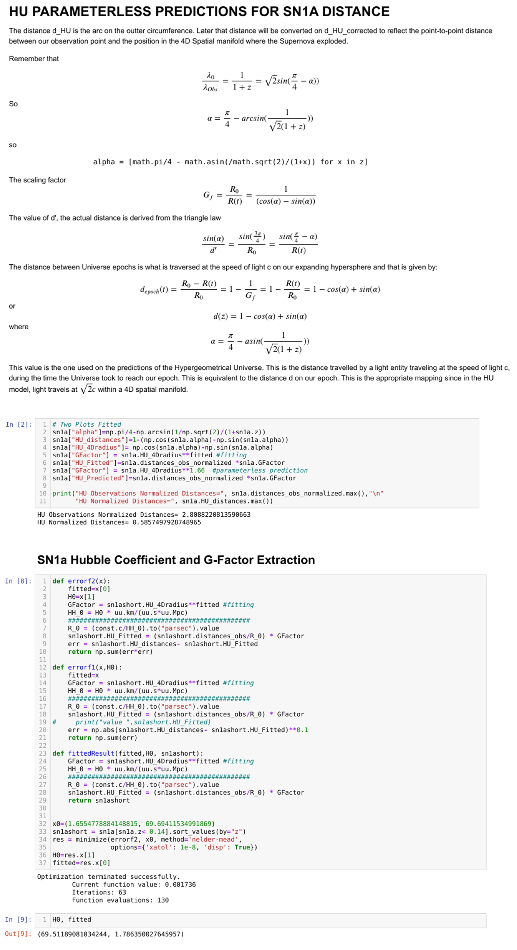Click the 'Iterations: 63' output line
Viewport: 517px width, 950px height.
click(x=99, y=892)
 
